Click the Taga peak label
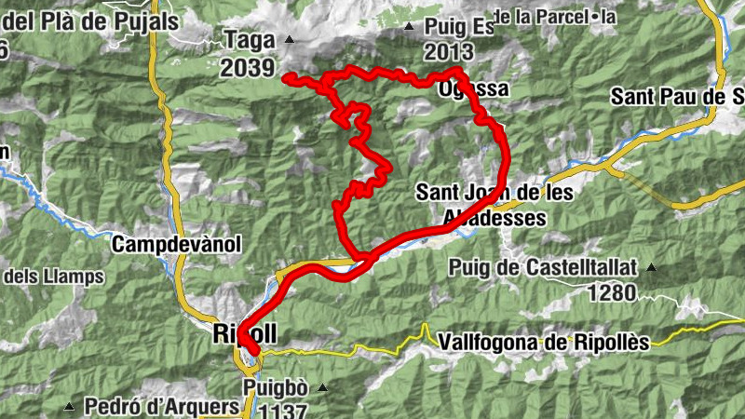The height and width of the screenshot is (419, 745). tap(249, 40)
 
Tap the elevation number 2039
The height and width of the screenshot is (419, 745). tap(249, 67)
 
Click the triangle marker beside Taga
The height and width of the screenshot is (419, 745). tap(289, 39)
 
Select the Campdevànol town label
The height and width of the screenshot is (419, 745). tap(176, 245)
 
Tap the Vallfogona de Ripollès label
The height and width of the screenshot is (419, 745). tap(542, 342)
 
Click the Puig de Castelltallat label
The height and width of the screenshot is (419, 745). tap(543, 268)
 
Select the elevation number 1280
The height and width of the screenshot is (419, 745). tap(611, 293)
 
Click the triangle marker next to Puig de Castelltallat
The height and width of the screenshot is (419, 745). tap(651, 268)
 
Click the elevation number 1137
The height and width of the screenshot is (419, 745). tap(277, 410)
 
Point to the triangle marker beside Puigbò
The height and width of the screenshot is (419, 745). tap(321, 387)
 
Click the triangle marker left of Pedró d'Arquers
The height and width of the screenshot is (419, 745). tap(70, 407)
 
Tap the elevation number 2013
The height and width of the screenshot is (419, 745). tap(448, 51)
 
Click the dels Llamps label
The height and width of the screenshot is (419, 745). tap(53, 277)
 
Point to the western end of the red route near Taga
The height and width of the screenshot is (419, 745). tap(287, 76)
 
